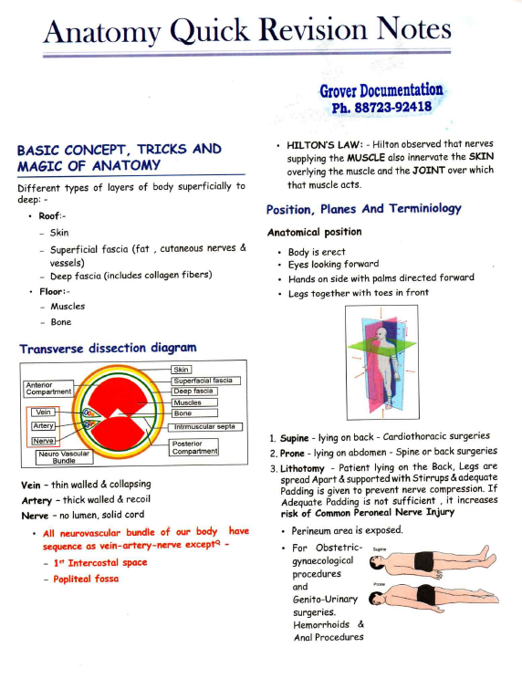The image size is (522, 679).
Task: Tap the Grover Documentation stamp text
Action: click(381, 90)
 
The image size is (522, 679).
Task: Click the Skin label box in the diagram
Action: click(181, 369)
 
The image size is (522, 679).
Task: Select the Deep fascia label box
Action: click(193, 391)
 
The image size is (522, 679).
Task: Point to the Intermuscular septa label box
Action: click(205, 425)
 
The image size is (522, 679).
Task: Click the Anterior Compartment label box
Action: click(48, 388)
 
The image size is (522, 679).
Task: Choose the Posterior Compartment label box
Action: click(194, 447)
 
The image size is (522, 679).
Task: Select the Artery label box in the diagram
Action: click(43, 425)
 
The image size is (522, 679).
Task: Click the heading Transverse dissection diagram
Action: click(108, 347)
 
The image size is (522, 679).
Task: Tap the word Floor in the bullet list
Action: click(52, 291)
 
